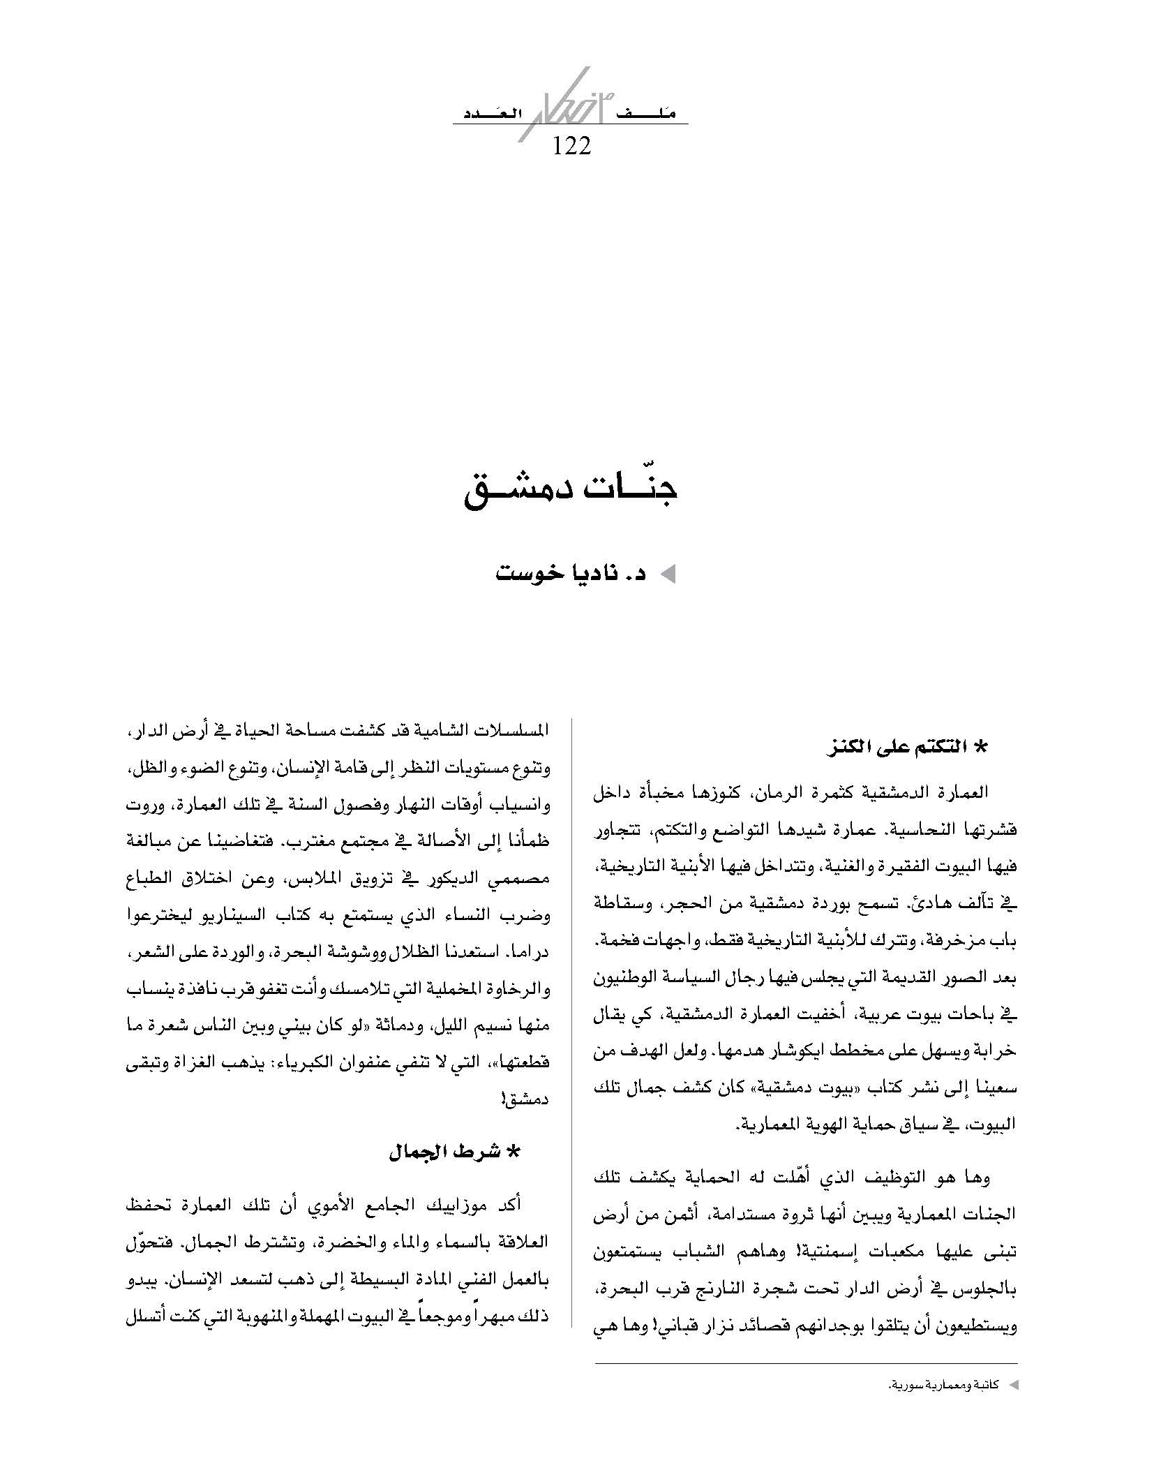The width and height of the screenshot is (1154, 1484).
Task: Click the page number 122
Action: [x=571, y=146]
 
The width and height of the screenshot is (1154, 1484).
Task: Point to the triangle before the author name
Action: [x=668, y=575]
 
